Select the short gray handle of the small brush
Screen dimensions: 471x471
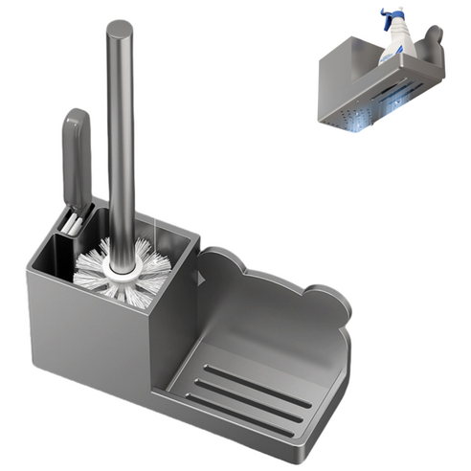point(77,153)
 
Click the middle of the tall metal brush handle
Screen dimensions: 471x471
point(121,144)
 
